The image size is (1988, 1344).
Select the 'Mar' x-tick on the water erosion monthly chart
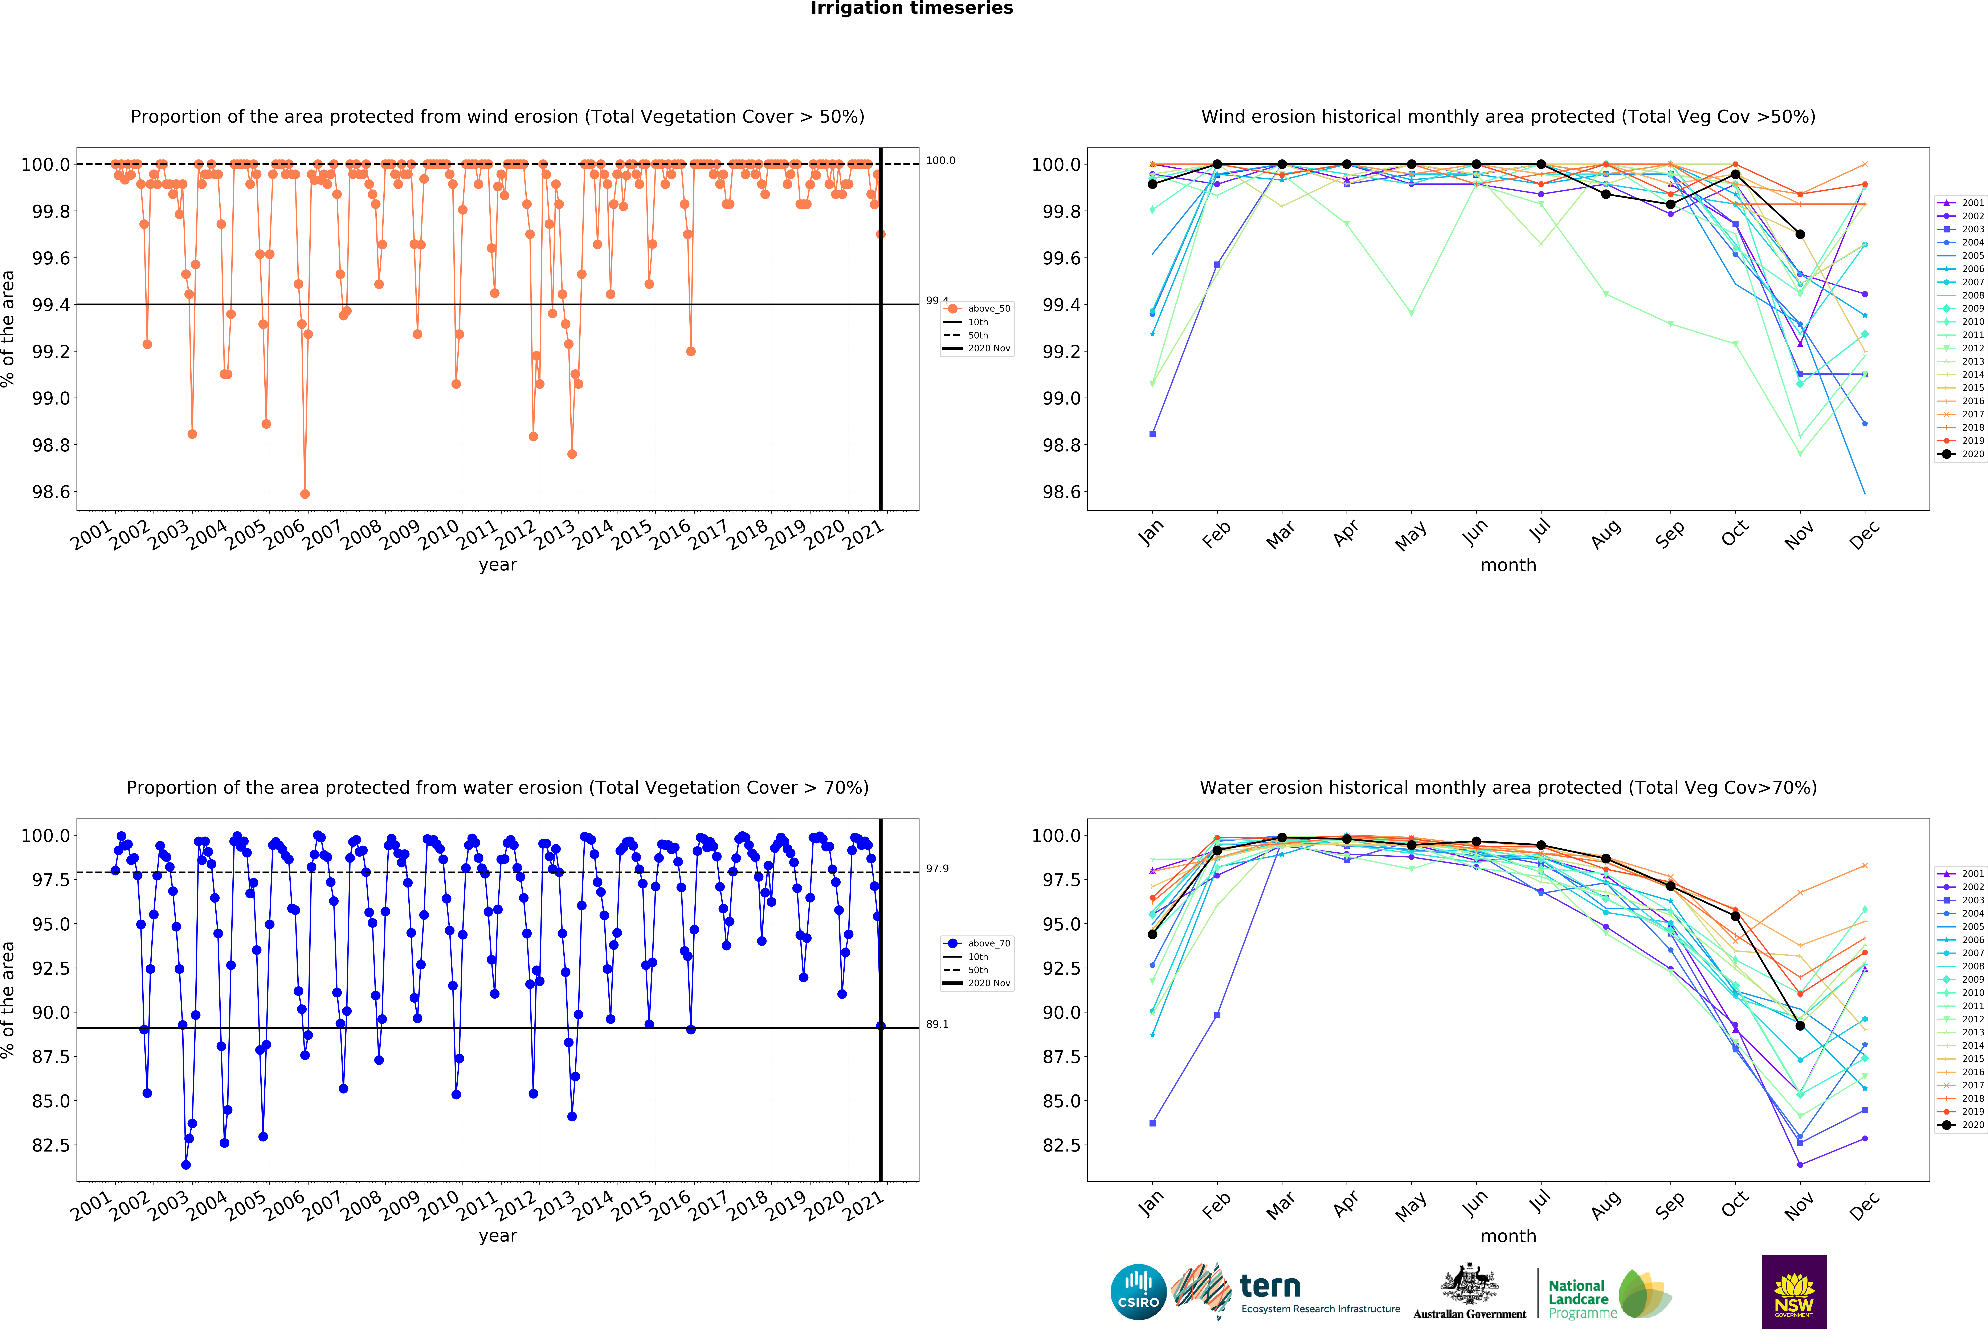coord(1281,1206)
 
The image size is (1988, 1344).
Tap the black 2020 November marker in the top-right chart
coord(1800,234)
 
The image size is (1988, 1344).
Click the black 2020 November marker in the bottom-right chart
coord(1800,1026)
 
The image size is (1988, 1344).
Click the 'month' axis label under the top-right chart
coord(1508,565)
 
